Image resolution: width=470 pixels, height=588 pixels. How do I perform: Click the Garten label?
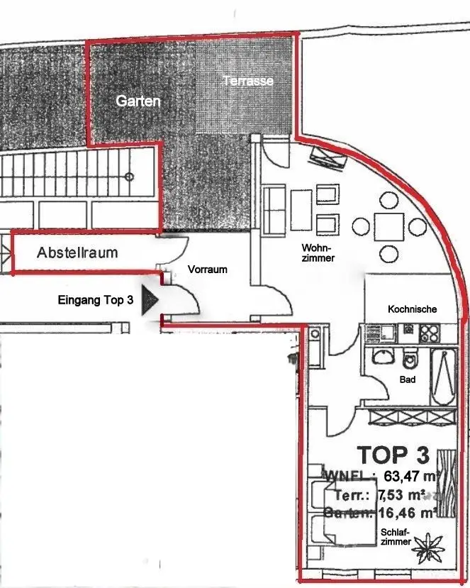[138, 101]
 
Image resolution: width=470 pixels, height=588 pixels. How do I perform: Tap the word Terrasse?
[248, 82]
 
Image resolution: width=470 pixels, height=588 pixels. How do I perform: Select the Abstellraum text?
[77, 253]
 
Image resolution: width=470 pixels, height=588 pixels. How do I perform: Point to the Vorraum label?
[208, 270]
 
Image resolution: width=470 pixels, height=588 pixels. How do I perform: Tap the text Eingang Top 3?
[95, 300]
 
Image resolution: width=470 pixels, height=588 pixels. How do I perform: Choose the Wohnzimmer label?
[318, 253]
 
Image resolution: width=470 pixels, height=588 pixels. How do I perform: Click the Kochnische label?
[412, 309]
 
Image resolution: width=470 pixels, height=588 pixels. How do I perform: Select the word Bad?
[407, 379]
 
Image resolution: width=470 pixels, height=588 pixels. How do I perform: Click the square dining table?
[389, 227]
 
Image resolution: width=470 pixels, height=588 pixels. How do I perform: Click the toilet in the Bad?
[410, 360]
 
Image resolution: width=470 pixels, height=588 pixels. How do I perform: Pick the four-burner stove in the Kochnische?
[429, 332]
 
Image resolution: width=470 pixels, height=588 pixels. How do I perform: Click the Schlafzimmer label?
[396, 537]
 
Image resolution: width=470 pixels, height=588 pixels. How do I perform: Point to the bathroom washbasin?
[381, 356]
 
